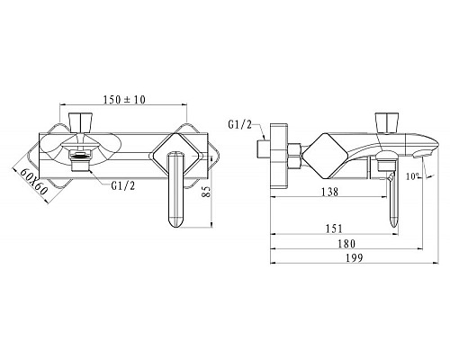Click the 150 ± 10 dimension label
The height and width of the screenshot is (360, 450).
(124, 99)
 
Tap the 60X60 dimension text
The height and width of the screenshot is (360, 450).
(33, 181)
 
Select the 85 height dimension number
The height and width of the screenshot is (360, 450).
(206, 191)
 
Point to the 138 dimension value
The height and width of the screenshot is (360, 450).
(329, 192)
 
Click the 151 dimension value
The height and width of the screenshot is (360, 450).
(334, 229)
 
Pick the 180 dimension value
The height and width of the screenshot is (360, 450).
(346, 244)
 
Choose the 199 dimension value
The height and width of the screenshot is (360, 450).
(355, 257)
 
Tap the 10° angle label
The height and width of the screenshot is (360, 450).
(412, 176)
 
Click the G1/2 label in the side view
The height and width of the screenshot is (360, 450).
(240, 124)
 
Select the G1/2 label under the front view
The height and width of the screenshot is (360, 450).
(123, 186)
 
